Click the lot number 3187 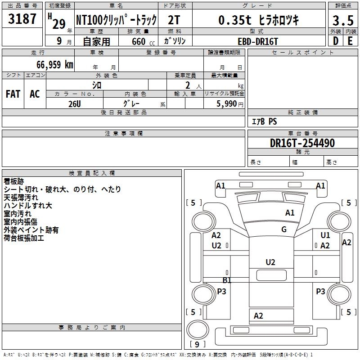pos(22,20)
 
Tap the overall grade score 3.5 pos(342,21)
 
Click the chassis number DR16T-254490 pos(302,144)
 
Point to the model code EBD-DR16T pos(259,41)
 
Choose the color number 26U pos(75,103)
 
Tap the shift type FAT pos(13,94)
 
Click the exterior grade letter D pos(335,41)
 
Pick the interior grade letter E pos(350,41)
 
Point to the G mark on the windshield pos(284,229)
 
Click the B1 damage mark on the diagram pos(227,280)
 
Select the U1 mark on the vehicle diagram pos(325,235)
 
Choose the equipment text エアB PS pos(264,121)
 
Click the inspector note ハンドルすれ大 pos(28,206)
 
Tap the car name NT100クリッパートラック pos(116,20)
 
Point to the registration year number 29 pos(58,24)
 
